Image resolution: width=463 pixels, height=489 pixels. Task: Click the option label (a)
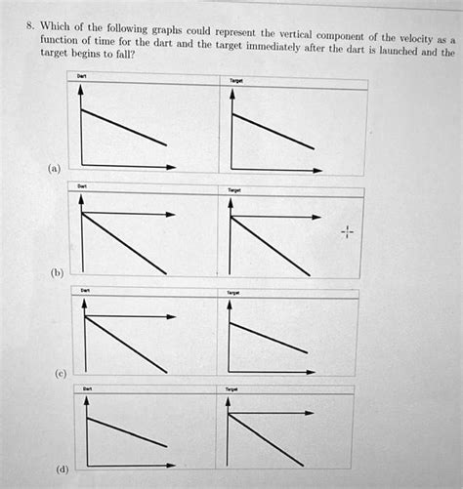pyautogui.click(x=52, y=169)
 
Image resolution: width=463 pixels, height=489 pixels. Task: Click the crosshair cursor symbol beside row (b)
pyautogui.click(x=349, y=233)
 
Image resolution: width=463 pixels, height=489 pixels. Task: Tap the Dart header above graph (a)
pyautogui.click(x=82, y=76)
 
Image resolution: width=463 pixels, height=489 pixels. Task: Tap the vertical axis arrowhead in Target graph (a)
pyautogui.click(x=231, y=96)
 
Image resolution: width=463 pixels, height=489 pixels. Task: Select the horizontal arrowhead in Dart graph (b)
pyautogui.click(x=172, y=213)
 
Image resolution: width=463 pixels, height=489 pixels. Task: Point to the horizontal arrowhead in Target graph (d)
pyautogui.click(x=315, y=414)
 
